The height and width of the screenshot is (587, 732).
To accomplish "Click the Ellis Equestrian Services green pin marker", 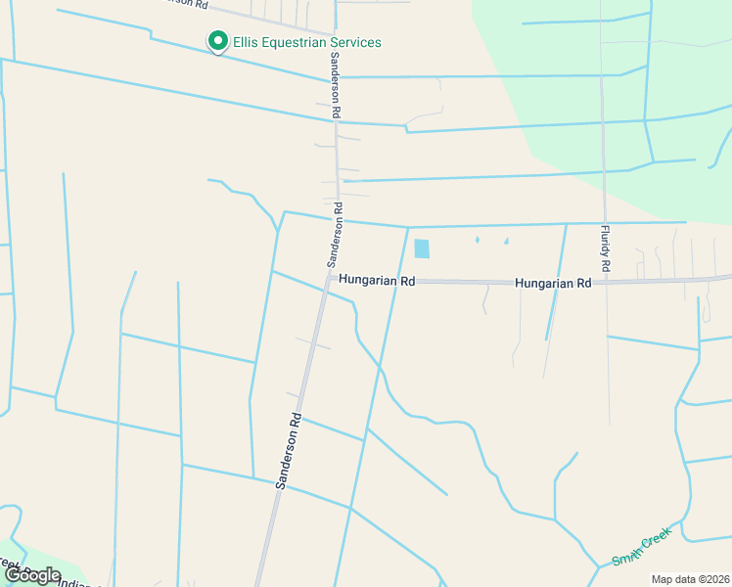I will point(216,42).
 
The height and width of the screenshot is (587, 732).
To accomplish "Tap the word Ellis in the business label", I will point(245,43).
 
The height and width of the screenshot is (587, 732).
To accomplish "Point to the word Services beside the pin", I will point(355,43).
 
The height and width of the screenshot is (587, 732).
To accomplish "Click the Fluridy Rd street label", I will point(606,248).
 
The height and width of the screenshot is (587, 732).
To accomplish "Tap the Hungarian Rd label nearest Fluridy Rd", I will point(553,283).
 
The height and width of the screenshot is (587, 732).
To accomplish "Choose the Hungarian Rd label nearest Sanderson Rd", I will point(377,281).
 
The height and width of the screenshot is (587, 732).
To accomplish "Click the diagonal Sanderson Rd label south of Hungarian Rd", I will point(290,451).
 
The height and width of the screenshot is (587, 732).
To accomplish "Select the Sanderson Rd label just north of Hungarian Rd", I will point(335,235).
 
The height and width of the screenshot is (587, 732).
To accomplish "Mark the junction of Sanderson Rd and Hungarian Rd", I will point(329,278).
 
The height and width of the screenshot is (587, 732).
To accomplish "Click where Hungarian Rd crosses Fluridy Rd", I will point(606,282).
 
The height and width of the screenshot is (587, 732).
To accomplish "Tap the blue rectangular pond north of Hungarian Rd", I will point(422,248).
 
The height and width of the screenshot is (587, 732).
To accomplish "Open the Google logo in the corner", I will point(31,575).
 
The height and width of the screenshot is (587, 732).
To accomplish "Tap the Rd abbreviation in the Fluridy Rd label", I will point(606,265).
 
